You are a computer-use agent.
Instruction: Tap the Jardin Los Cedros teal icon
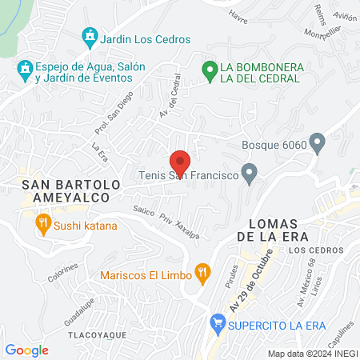coord(90,38)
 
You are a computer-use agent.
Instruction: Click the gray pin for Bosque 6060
coord(318,145)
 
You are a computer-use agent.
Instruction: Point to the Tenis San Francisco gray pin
coord(250,172)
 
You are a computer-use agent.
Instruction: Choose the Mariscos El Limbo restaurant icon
coord(203,274)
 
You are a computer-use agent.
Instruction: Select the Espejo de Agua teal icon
coord(26,70)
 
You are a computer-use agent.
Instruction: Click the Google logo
coord(26,350)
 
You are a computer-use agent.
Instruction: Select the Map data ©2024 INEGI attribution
coord(312,354)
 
